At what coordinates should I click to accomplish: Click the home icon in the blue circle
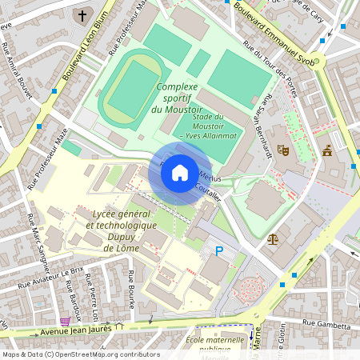[x=180, y=173]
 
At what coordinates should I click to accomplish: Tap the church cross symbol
[x=82, y=15]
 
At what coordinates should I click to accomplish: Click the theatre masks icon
[x=282, y=149]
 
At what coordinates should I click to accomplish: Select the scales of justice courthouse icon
[x=273, y=238]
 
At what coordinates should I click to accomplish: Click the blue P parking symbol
[x=219, y=251]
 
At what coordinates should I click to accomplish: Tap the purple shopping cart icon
[x=65, y=320]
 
